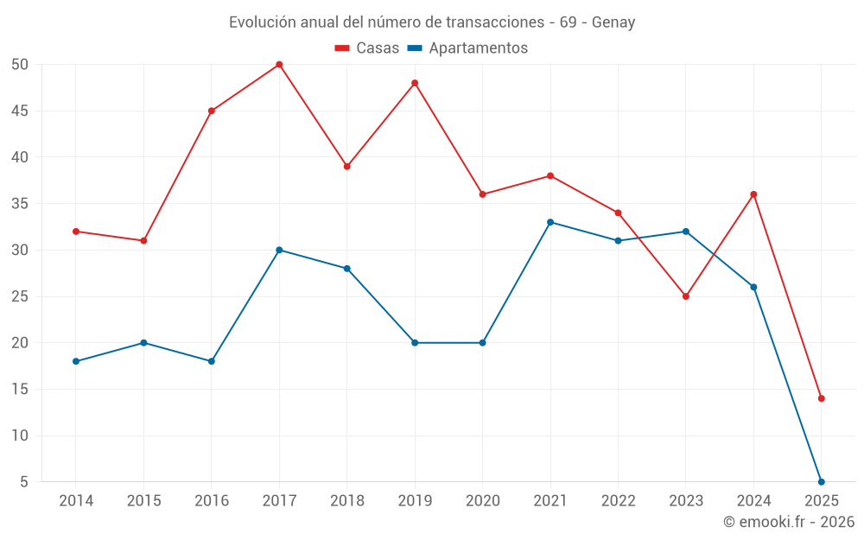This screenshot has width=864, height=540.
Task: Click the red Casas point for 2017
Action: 279,65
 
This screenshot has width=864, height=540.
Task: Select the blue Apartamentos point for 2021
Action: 550,222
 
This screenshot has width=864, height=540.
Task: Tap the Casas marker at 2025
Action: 822,398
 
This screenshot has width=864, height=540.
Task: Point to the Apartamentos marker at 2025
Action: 822,481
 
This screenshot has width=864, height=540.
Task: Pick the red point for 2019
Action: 415,83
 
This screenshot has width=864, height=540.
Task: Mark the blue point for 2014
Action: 76,361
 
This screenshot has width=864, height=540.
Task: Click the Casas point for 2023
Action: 686,296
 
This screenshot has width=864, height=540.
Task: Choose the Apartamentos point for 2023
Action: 686,232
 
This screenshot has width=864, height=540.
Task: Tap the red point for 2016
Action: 212,111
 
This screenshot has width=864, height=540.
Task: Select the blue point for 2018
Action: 347,269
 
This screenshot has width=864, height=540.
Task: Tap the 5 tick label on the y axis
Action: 24,481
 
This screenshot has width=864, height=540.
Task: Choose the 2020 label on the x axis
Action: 483,501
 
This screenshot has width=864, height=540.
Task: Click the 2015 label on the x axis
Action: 144,501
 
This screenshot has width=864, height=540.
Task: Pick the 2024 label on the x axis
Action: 753,501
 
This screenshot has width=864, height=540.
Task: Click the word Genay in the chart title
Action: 613,22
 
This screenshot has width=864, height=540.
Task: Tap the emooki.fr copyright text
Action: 789,522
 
